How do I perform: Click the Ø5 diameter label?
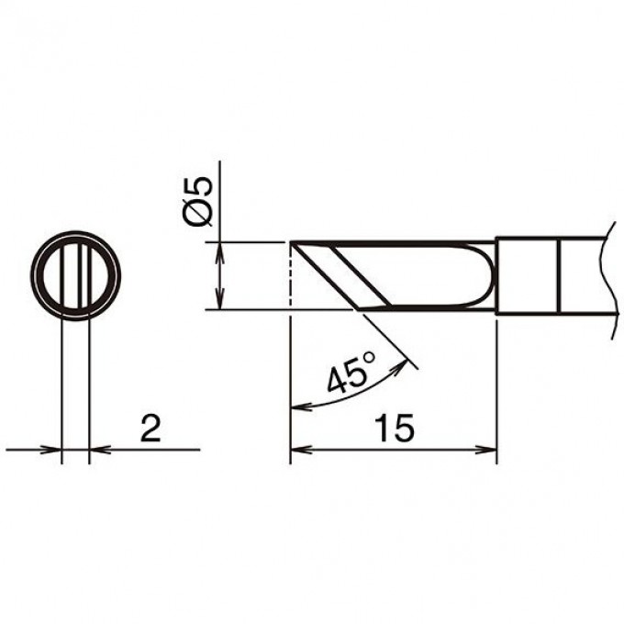(x=198, y=202)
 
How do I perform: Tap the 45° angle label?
(x=351, y=372)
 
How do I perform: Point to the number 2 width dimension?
(x=150, y=429)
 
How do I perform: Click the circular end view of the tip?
(x=75, y=275)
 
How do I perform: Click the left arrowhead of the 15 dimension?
(x=300, y=450)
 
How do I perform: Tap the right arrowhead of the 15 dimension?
(x=486, y=450)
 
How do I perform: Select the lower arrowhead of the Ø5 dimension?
(x=219, y=299)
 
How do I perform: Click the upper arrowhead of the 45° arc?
(x=402, y=365)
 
